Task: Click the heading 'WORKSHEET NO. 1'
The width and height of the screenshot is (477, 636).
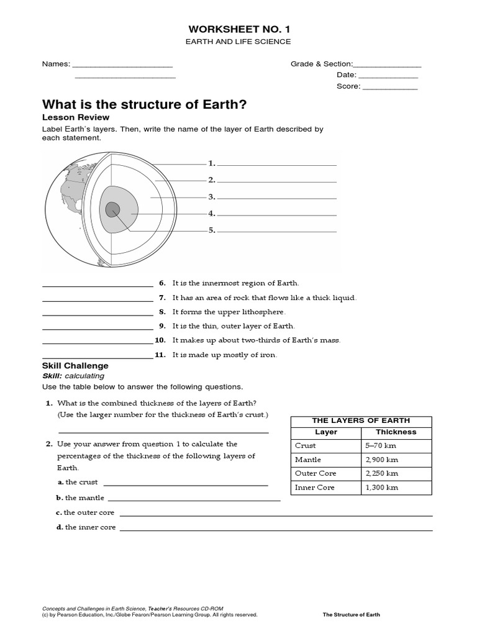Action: click(x=238, y=29)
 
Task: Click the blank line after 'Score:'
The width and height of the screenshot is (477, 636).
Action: click(x=389, y=89)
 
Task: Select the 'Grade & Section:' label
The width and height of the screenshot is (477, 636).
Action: click(x=321, y=64)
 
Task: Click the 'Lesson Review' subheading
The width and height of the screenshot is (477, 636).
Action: click(x=75, y=117)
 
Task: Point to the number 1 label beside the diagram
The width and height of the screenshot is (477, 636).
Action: click(x=212, y=163)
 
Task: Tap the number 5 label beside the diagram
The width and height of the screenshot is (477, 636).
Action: click(x=212, y=230)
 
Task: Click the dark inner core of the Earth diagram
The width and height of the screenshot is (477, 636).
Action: click(x=112, y=210)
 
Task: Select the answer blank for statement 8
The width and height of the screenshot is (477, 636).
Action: click(x=97, y=314)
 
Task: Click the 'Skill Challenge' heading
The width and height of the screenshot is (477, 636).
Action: click(x=75, y=366)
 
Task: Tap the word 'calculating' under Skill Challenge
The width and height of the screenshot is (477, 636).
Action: click(x=84, y=376)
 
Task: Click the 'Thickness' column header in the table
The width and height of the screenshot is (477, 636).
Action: click(x=396, y=432)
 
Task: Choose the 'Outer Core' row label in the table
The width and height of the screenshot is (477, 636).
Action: click(x=316, y=473)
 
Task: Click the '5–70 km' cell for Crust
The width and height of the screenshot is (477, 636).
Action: click(x=380, y=445)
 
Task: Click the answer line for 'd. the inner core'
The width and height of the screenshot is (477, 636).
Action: click(x=276, y=530)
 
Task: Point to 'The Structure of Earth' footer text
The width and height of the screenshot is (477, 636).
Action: click(x=351, y=615)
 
